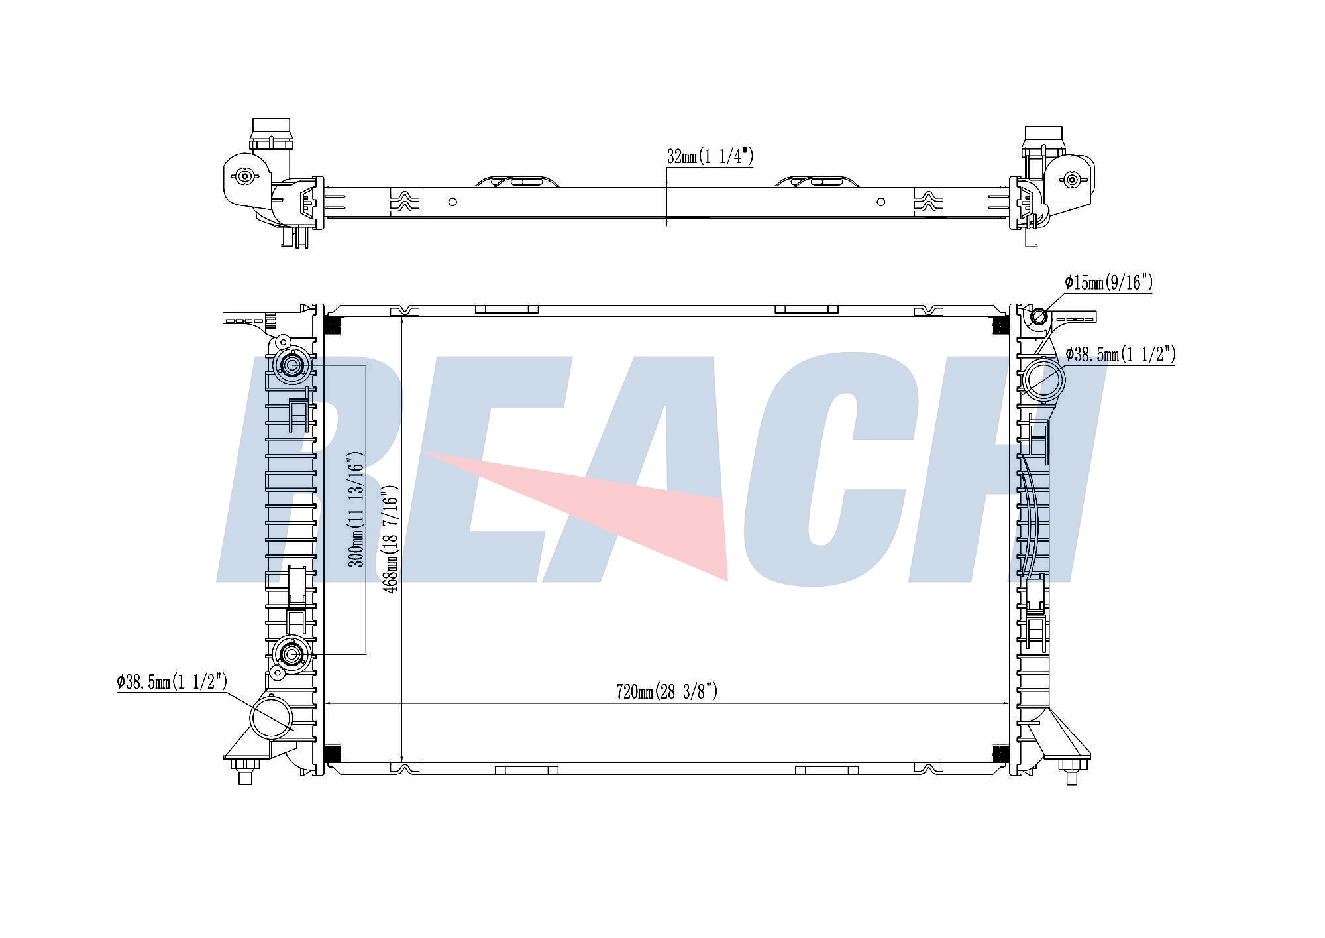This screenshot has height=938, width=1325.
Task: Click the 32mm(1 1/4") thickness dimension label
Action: (x=710, y=156)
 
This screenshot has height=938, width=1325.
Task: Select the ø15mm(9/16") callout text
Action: (x=1108, y=283)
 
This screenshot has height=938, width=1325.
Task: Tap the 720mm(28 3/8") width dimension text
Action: (x=666, y=692)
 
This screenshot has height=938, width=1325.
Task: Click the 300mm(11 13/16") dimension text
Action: (x=356, y=509)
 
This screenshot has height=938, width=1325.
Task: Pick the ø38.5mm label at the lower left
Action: (x=172, y=681)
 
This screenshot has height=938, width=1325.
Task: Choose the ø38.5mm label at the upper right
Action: (x=1120, y=355)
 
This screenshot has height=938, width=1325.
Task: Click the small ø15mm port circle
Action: (x=1039, y=317)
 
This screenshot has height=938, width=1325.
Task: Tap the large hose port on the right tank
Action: (x=1043, y=379)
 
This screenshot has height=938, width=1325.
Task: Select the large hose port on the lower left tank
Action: (x=272, y=717)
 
